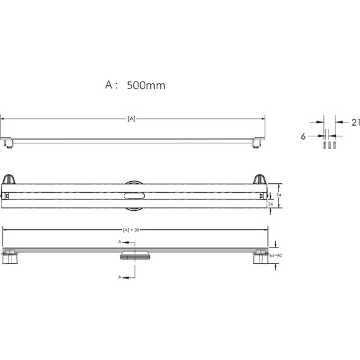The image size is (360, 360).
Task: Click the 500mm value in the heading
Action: (147, 85)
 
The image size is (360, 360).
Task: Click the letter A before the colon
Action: (109, 85)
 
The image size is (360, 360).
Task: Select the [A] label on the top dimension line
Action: (132, 118)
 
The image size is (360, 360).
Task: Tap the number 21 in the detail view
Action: (354, 121)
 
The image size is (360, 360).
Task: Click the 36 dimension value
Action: (272, 205)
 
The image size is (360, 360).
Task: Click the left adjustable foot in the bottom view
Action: (10, 259)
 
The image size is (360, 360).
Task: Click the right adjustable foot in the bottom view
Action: (260, 259)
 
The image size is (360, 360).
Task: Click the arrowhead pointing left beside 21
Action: (337, 121)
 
